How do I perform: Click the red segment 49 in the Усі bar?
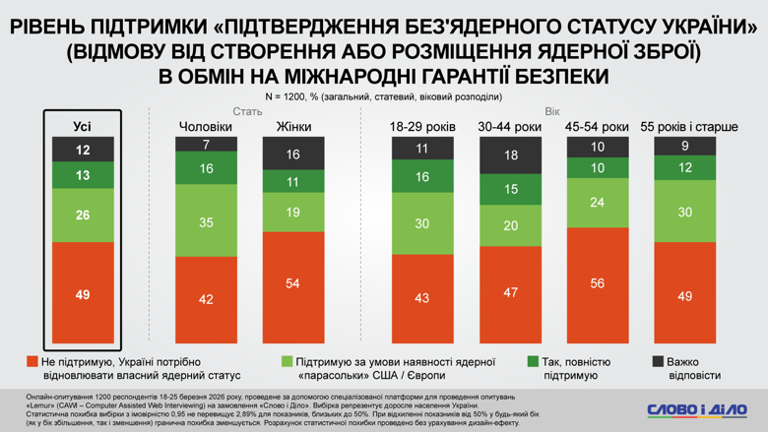[83, 293]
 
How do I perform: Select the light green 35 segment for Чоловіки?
[206, 222]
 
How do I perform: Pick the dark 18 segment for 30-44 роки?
[510, 155]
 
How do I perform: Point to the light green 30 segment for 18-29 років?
[421, 223]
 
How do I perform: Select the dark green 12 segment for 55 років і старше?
[685, 168]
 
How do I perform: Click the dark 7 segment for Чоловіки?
[206, 144]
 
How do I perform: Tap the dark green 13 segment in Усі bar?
[83, 175]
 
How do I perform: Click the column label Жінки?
[292, 127]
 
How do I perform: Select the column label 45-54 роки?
[598, 127]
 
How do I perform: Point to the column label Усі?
[83, 127]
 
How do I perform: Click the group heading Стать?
[247, 111]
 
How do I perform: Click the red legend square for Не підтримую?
[32, 362]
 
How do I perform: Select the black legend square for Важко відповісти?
[658, 362]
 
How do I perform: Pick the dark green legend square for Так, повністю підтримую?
[533, 362]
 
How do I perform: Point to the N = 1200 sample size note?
[383, 96]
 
